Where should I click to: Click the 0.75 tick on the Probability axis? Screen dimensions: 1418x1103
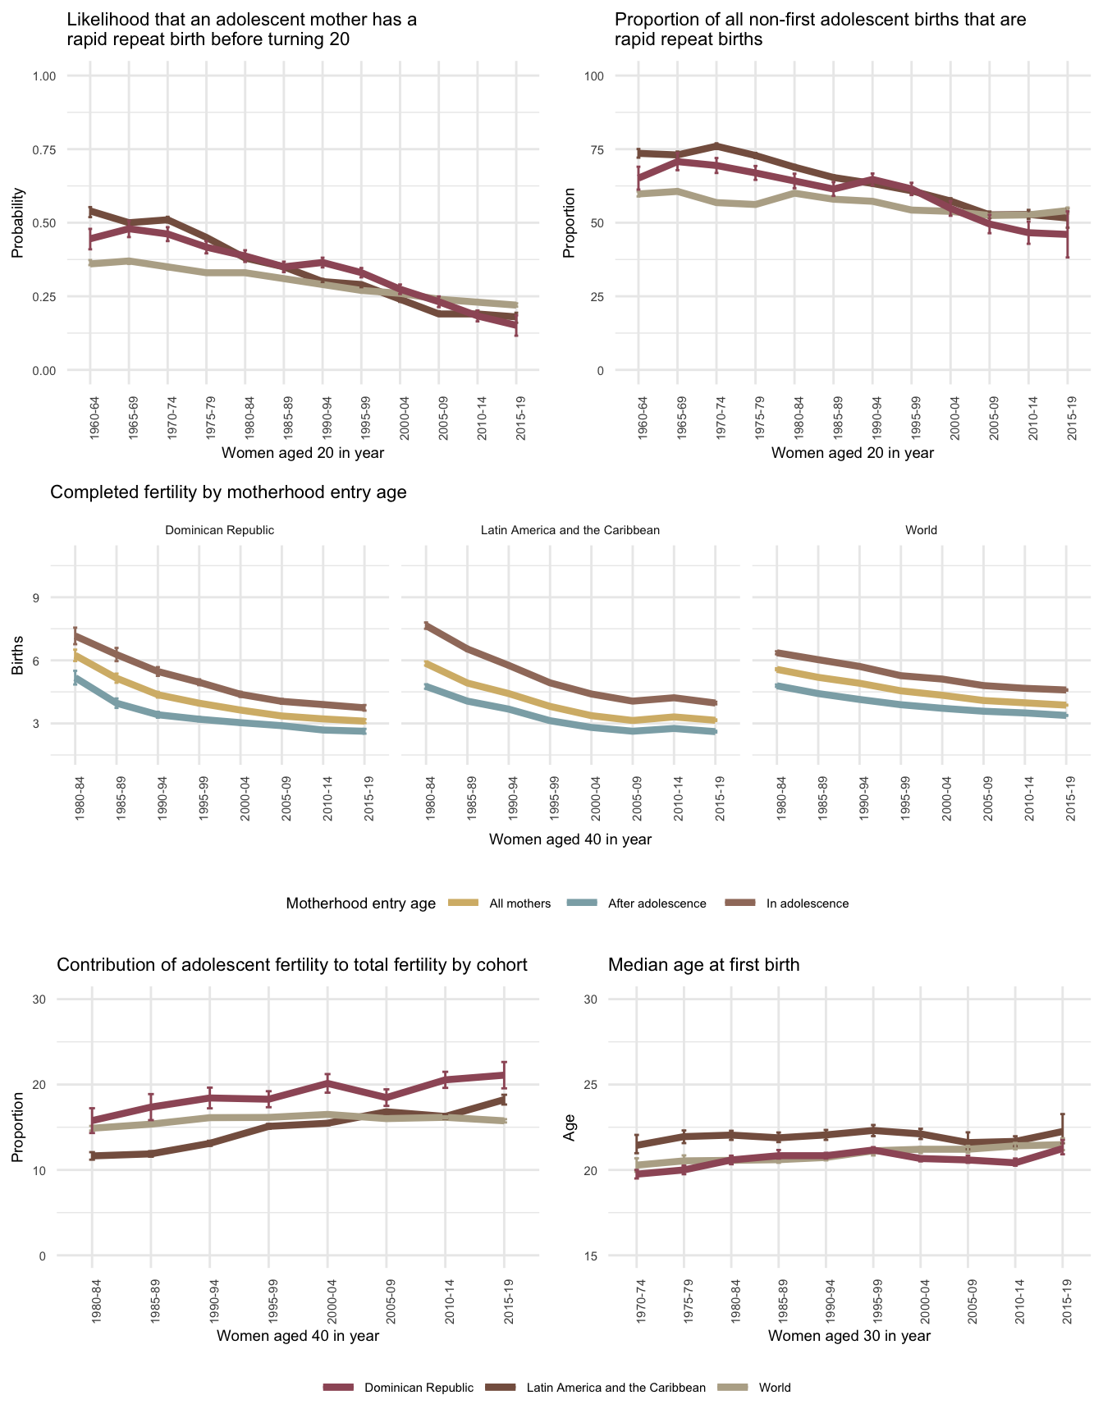click(x=43, y=149)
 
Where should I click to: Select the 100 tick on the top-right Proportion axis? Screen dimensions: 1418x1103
click(x=593, y=76)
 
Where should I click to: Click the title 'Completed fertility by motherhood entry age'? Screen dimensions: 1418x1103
click(x=228, y=492)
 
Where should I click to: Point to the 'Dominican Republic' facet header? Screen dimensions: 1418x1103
click(x=219, y=530)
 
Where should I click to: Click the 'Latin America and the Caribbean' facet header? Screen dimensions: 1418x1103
click(x=570, y=530)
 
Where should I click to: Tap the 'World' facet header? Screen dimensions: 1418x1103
click(x=921, y=530)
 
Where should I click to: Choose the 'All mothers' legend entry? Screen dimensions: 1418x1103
click(x=519, y=903)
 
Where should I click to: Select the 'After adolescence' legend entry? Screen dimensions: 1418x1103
click(x=657, y=903)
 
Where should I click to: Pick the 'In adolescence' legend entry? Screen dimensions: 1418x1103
click(x=807, y=903)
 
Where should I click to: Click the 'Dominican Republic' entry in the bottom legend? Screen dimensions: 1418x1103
click(x=419, y=1388)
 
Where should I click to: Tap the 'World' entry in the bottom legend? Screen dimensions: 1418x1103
click(x=775, y=1388)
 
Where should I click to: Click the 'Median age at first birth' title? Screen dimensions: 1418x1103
click(x=703, y=965)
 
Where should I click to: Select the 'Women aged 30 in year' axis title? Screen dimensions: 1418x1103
click(x=849, y=1335)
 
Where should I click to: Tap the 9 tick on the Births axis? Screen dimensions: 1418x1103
click(x=36, y=597)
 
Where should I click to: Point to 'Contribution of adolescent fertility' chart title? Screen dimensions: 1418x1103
click(x=291, y=965)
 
